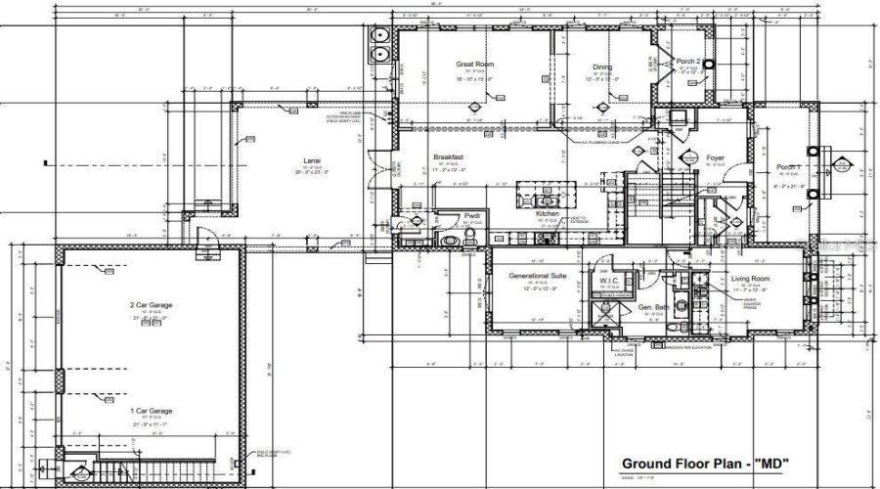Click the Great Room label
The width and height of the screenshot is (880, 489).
pos(475,65)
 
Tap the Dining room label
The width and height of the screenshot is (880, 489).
pos(601,67)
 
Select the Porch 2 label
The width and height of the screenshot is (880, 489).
pos(688,62)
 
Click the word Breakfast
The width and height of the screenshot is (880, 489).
pos(449,156)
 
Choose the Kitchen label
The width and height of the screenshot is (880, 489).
pos(547,213)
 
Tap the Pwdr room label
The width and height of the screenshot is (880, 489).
pos(447,215)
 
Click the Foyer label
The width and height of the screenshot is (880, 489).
pos(716,156)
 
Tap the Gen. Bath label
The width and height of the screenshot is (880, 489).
pos(653,306)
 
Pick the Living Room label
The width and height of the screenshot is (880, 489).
pos(751,280)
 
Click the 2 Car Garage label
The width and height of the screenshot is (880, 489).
pos(152,306)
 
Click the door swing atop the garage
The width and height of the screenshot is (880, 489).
pos(203,238)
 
